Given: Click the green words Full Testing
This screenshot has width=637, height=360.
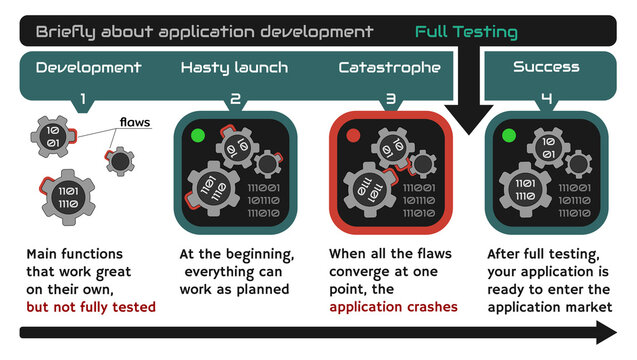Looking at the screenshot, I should pyautogui.click(x=466, y=31).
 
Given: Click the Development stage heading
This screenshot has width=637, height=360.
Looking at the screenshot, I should pyautogui.click(x=88, y=68).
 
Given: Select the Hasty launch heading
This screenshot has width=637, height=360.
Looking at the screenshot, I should pyautogui.click(x=234, y=68).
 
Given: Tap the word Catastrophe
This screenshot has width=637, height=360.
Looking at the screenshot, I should pyautogui.click(x=389, y=68).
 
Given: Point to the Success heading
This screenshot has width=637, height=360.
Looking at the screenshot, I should pyautogui.click(x=546, y=68).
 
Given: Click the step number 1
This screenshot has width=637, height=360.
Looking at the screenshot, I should pyautogui.click(x=83, y=99).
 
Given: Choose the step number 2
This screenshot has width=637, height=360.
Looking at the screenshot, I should pyautogui.click(x=235, y=99).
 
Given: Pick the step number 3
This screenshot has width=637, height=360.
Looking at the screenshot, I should pyautogui.click(x=391, y=99).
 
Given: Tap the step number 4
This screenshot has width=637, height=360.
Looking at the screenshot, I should pyautogui.click(x=546, y=99).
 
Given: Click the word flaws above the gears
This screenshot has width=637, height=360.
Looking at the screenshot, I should pyautogui.click(x=135, y=123).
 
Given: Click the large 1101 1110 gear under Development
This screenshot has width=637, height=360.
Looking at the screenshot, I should pyautogui.click(x=69, y=195).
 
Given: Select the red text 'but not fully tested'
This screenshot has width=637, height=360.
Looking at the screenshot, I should pyautogui.click(x=91, y=307).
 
